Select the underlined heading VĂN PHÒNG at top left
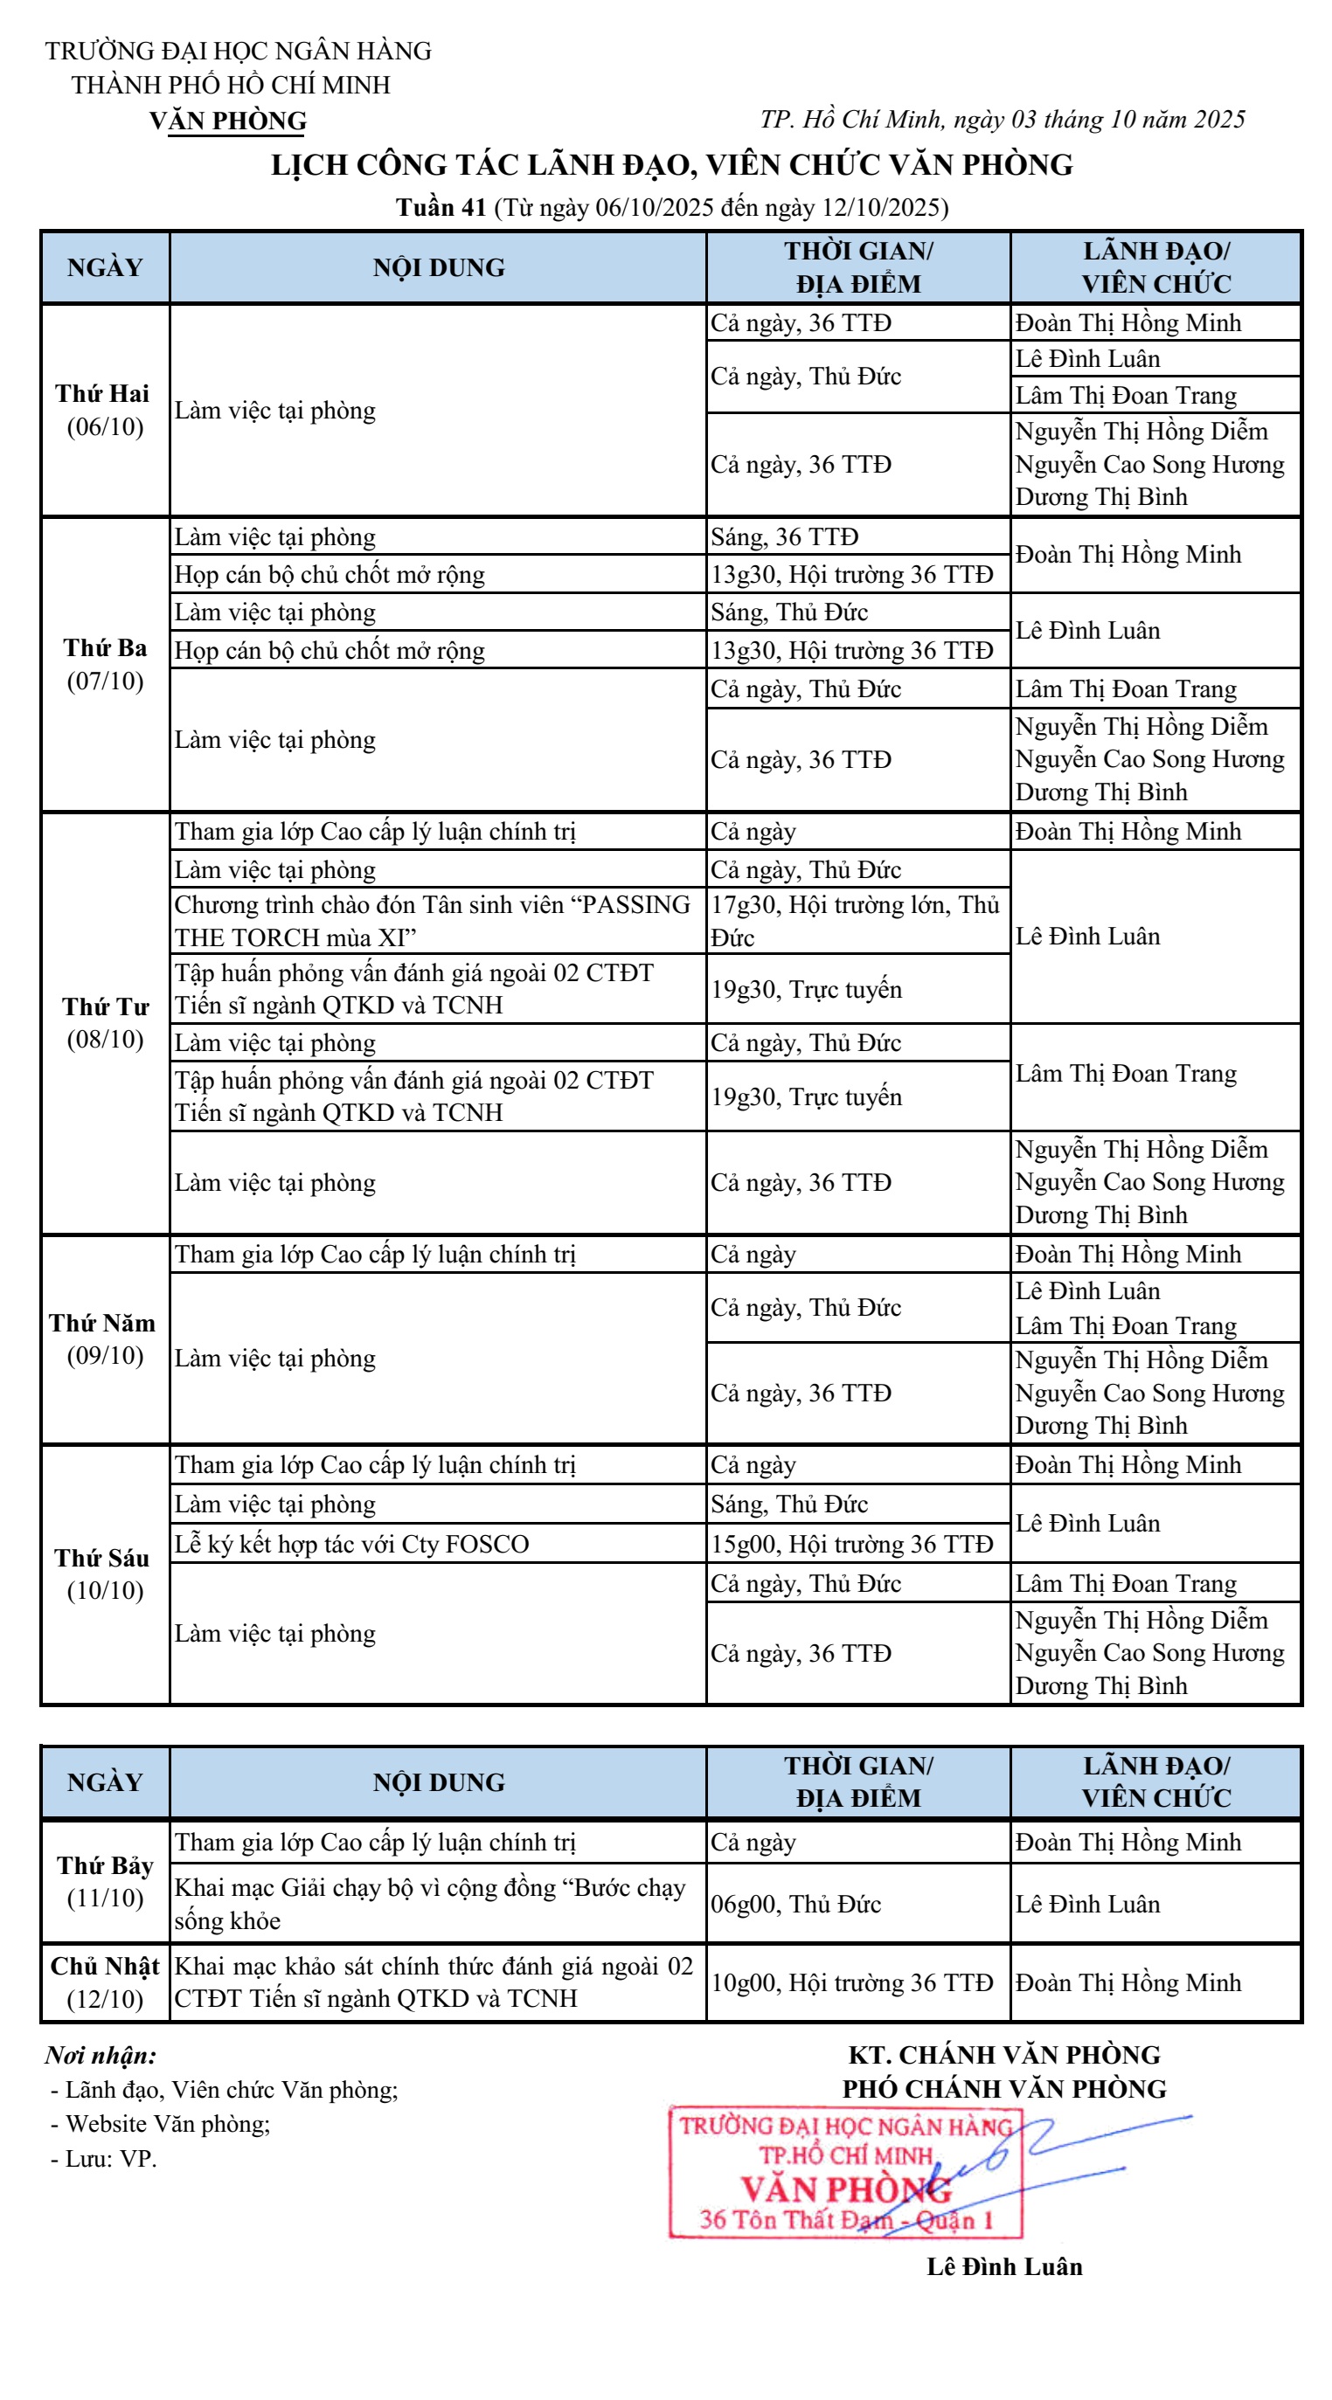click(x=227, y=121)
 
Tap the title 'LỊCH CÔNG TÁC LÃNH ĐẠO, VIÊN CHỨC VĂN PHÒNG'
click(x=671, y=165)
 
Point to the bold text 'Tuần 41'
click(x=441, y=207)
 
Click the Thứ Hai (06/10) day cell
click(x=104, y=410)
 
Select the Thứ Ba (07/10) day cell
click(x=104, y=663)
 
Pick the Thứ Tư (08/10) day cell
click(x=104, y=1022)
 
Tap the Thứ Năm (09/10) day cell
click(x=104, y=1338)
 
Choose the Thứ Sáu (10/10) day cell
click(x=104, y=1573)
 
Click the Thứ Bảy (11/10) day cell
click(x=104, y=1881)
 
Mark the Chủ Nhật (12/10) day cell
click(x=104, y=1982)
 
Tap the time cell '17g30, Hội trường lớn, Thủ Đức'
click(x=856, y=921)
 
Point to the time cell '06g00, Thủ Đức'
click(x=856, y=1904)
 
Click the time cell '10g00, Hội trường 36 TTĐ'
click(x=856, y=1982)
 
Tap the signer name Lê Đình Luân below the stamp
click(x=1003, y=2265)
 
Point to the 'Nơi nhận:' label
click(x=101, y=2054)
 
